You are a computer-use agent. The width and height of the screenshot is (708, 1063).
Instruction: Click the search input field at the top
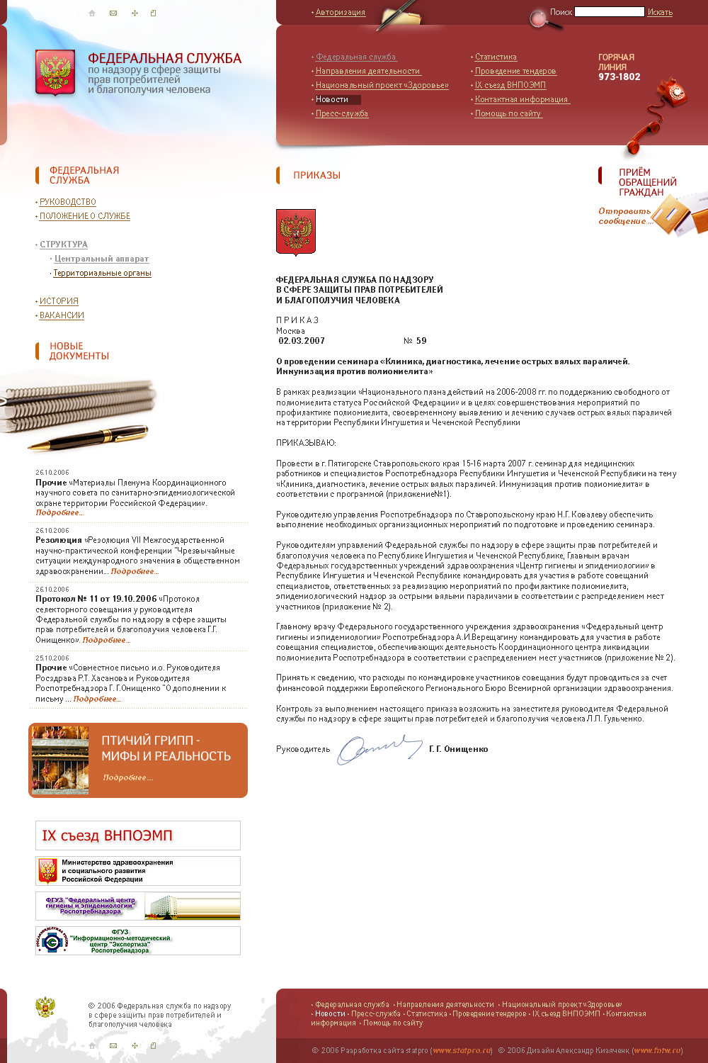tap(609, 12)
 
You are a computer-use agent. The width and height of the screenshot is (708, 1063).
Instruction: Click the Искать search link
tap(660, 12)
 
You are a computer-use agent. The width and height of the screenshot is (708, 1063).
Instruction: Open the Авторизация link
tap(340, 12)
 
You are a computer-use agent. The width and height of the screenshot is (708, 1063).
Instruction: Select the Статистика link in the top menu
tap(496, 57)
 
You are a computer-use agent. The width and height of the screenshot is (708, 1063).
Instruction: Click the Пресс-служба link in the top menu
tap(341, 113)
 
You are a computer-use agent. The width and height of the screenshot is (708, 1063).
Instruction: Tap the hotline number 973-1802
tap(619, 77)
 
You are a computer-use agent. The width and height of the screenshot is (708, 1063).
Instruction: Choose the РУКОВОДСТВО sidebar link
tap(67, 202)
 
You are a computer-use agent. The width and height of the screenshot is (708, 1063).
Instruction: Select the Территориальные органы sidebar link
tap(102, 273)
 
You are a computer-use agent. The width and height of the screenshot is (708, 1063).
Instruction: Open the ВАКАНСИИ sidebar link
tap(62, 315)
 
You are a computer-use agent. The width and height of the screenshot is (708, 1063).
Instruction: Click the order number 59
tap(421, 341)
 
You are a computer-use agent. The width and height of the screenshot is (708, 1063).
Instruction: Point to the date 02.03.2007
tap(302, 341)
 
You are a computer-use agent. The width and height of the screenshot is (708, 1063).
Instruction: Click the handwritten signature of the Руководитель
tap(379, 748)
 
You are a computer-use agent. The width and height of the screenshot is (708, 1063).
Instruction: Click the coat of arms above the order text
tap(295, 231)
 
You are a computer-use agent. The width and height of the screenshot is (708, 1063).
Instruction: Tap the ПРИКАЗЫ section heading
tap(316, 175)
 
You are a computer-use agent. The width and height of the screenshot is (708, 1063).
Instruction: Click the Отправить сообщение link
tap(624, 216)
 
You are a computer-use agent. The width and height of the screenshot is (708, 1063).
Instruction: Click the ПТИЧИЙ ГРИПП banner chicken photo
tap(60, 760)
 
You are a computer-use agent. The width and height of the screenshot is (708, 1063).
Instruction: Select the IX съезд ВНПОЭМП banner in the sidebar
tap(137, 836)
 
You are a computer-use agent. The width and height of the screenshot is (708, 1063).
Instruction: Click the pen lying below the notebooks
tap(88, 437)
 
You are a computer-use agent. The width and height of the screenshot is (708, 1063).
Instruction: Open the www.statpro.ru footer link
tap(462, 1050)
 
